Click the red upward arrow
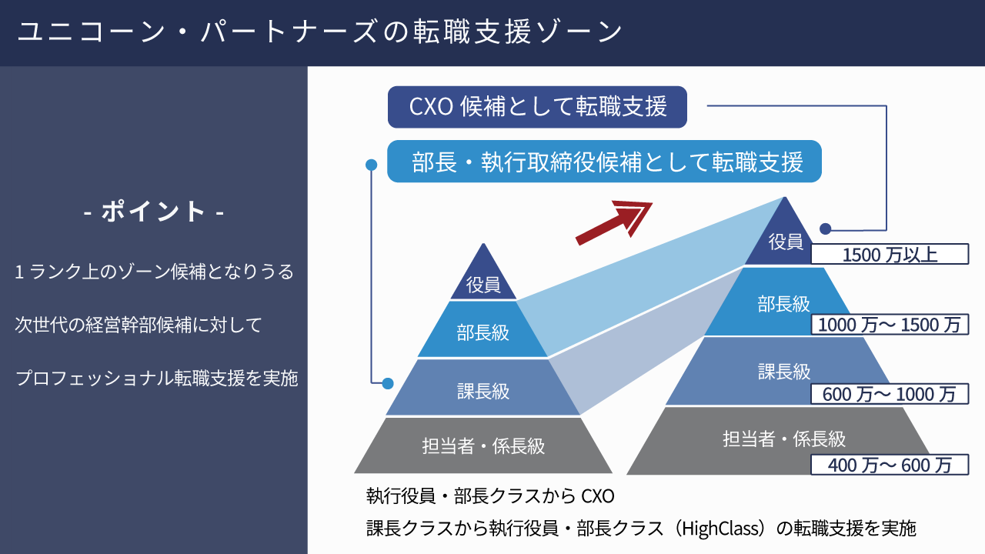614,223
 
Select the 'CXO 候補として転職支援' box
537,107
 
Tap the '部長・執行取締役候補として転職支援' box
604,162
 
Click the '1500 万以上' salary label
890,254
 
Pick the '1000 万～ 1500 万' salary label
890,325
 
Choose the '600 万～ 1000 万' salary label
890,394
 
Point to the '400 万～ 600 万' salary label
890,465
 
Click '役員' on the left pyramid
483,285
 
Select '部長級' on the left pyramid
482,333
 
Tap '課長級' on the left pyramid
483,391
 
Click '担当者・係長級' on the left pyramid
483,446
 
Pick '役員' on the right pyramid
786,242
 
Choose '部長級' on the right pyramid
783,304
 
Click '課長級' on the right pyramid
784,372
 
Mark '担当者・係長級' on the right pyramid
784,439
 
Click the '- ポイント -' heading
153,212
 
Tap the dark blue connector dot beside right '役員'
826,229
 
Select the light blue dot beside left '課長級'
387,383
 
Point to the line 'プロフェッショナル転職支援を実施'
156,378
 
